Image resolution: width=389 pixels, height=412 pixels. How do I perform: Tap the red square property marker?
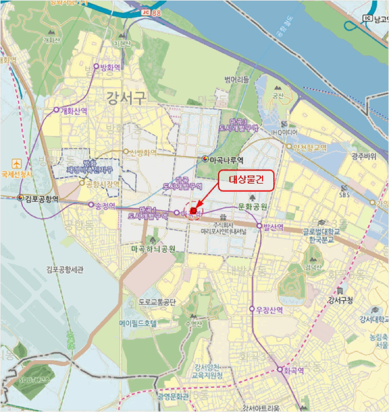(x=194, y=211)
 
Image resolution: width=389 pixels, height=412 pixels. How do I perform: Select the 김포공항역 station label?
(x=42, y=198)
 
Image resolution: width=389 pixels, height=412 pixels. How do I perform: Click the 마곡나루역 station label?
(x=226, y=159)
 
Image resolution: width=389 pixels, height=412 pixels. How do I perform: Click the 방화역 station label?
(x=110, y=67)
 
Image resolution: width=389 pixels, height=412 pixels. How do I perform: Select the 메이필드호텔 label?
(x=138, y=324)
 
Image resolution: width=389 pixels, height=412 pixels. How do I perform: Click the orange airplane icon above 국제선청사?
(x=16, y=162)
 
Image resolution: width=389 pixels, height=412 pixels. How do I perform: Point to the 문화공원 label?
(x=253, y=207)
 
